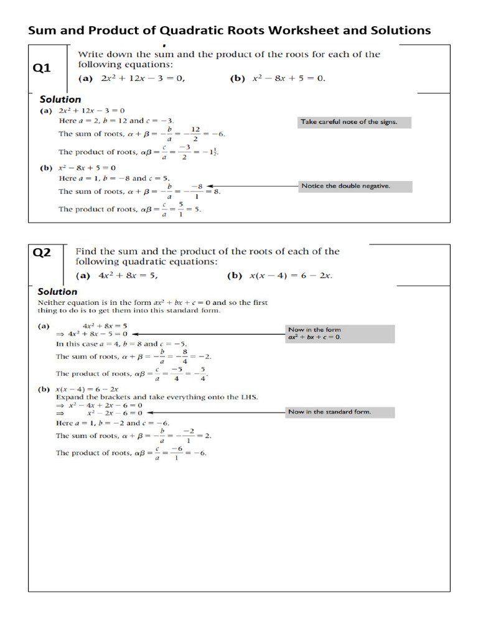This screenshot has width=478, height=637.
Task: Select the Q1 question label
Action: (42, 68)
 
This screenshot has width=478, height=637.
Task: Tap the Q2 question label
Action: (42, 253)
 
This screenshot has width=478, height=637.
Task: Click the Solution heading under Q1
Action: (60, 99)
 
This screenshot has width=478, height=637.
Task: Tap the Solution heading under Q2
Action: (58, 291)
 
